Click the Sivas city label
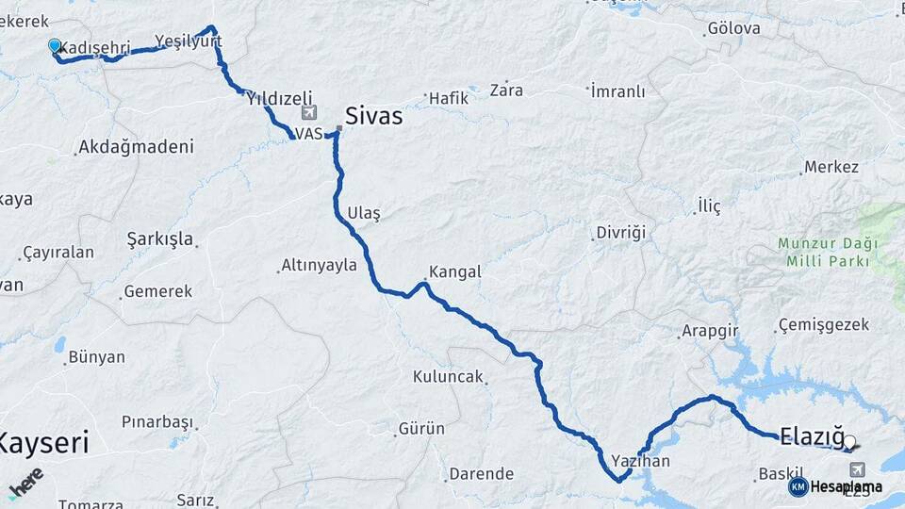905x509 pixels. click(x=373, y=116)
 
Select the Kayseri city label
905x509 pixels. click(x=43, y=442)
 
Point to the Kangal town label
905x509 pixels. click(x=454, y=272)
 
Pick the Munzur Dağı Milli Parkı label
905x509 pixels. click(x=828, y=252)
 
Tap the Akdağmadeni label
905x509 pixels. click(x=137, y=147)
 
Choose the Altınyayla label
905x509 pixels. click(x=320, y=266)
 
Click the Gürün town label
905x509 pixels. click(x=421, y=429)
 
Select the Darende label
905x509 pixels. click(x=481, y=474)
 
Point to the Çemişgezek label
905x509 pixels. click(x=810, y=325)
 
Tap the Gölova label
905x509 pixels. click(x=733, y=28)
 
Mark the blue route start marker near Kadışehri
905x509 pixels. click(x=55, y=45)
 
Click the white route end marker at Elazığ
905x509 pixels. click(x=850, y=440)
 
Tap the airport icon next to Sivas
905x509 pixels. click(x=307, y=112)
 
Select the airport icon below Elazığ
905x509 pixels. click(x=857, y=468)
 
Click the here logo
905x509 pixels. click(x=25, y=483)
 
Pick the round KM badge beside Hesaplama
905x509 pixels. click(x=798, y=486)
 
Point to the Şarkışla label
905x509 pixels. click(x=160, y=239)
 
